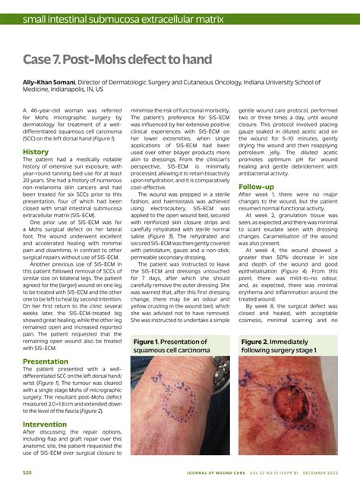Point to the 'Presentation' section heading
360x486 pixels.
45,361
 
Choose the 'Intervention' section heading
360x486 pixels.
45,424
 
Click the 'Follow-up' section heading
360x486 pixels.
256,186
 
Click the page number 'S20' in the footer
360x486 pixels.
27,472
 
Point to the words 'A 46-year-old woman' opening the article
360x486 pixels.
55,110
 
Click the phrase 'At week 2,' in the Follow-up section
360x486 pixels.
263,215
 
